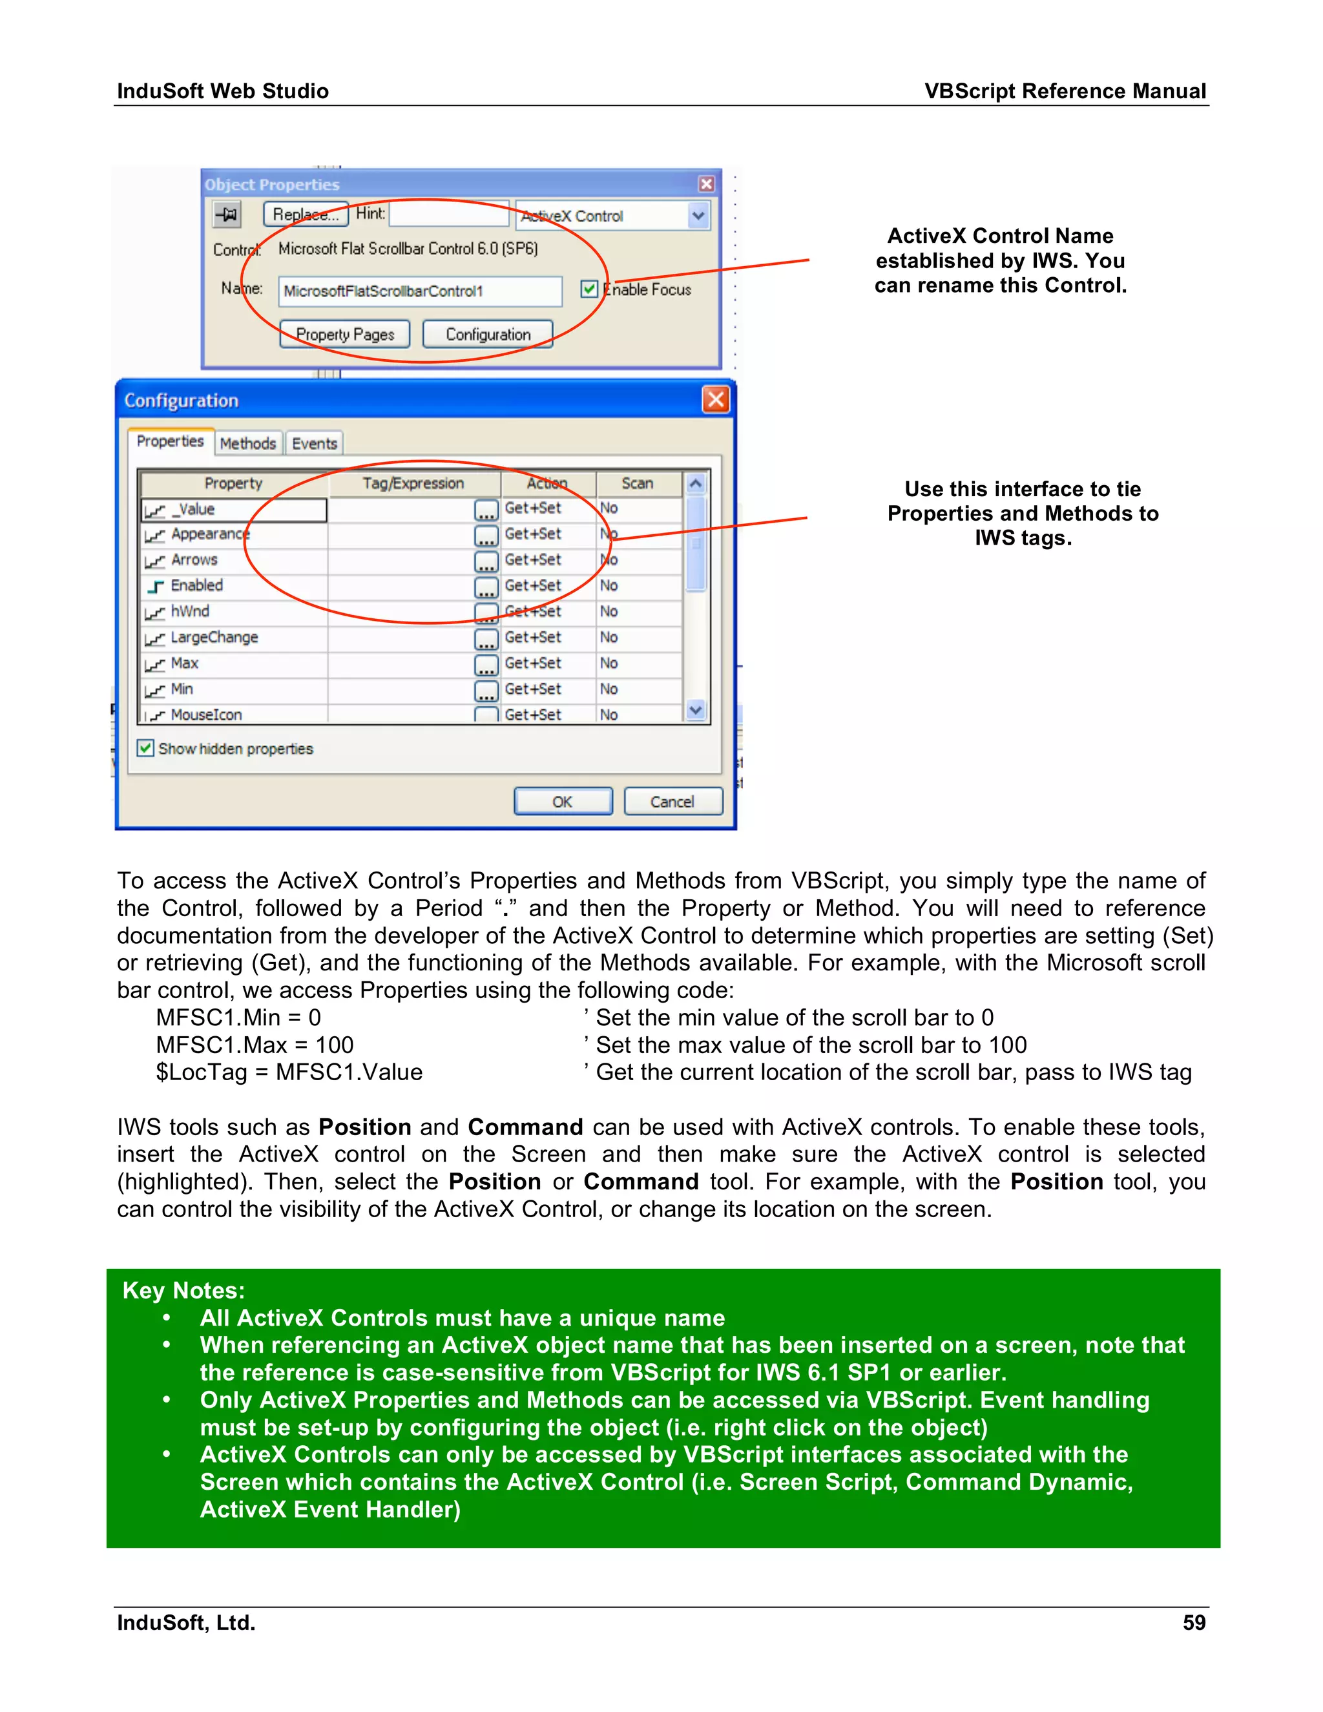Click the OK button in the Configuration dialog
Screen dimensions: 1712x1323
point(562,801)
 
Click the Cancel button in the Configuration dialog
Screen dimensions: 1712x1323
point(672,801)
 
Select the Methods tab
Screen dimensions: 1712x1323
point(247,444)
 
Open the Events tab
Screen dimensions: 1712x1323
point(315,444)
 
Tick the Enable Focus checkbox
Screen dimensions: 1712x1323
point(589,289)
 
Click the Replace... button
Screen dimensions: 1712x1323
point(306,214)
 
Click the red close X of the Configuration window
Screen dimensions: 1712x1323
point(715,400)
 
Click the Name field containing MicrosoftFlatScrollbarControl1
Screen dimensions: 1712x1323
point(420,291)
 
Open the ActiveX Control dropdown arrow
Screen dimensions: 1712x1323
point(698,216)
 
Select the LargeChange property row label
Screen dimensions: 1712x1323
point(214,637)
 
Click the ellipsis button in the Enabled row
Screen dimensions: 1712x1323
point(486,587)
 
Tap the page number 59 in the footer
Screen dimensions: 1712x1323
point(1194,1623)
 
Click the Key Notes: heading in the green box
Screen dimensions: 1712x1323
point(183,1290)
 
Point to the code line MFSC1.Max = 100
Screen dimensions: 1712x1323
point(255,1045)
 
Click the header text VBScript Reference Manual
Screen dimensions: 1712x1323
point(1065,91)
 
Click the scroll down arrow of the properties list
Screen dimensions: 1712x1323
point(695,710)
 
